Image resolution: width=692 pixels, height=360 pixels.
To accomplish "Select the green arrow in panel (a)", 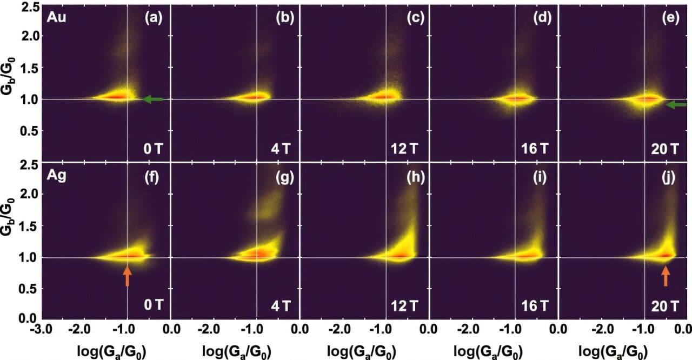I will click(154, 99).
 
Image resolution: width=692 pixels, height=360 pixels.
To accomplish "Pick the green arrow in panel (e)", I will click(676, 105).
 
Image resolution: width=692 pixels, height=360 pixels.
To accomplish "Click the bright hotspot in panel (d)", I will click(517, 98).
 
